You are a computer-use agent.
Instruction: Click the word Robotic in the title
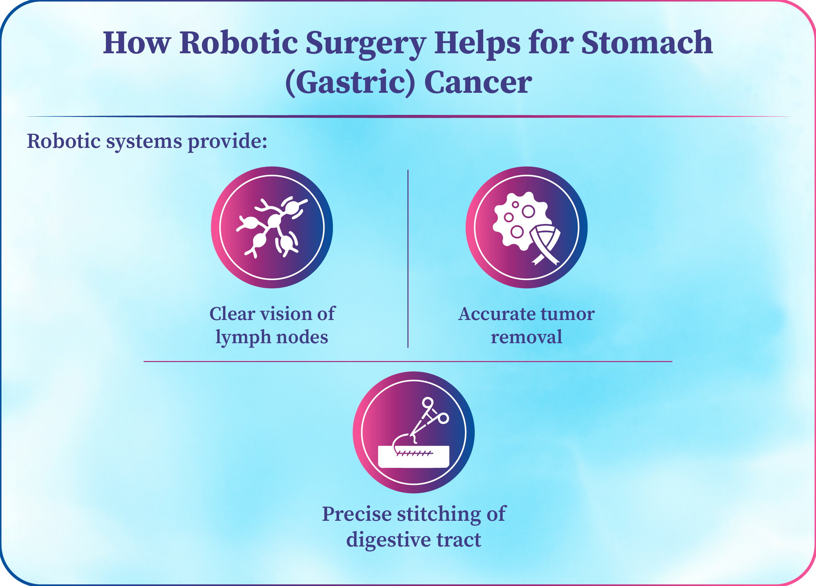click(x=238, y=43)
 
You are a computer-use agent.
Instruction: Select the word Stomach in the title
click(x=647, y=43)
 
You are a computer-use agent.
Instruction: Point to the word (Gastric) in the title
click(x=350, y=83)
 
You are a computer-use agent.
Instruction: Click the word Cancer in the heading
click(x=478, y=83)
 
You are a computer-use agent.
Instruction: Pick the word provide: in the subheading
click(x=227, y=142)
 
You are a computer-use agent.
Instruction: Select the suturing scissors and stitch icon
click(x=414, y=432)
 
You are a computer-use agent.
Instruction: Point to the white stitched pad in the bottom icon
click(x=414, y=457)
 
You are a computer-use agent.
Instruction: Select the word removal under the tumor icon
click(x=527, y=337)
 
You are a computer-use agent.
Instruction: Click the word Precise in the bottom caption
click(x=357, y=514)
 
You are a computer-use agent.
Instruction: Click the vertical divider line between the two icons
click(x=408, y=259)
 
